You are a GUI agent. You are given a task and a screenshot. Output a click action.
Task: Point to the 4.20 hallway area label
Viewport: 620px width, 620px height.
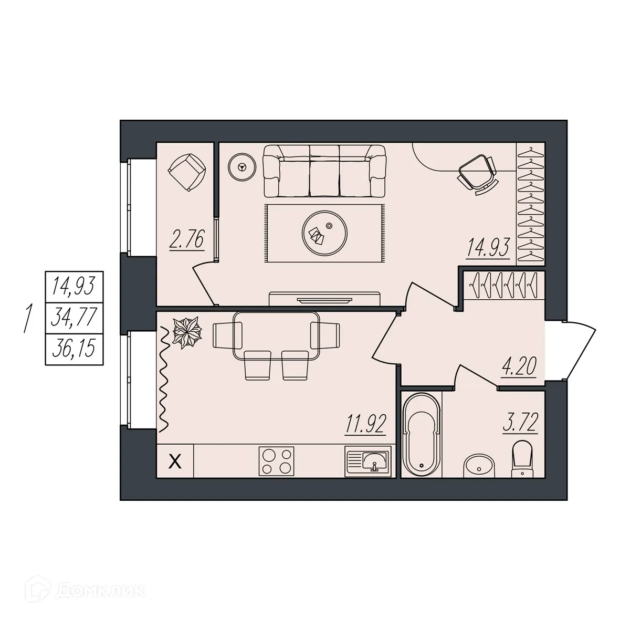tap(519, 366)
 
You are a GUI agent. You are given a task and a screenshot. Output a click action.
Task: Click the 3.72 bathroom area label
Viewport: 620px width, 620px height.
tap(520, 423)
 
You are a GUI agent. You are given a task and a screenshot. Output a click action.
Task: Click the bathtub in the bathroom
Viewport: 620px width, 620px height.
tap(421, 434)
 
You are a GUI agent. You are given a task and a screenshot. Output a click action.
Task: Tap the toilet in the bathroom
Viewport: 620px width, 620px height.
tap(521, 459)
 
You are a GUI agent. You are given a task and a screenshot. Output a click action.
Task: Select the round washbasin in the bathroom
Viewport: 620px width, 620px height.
tap(479, 465)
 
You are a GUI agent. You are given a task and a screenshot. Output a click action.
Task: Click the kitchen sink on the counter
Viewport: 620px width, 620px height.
tap(367, 461)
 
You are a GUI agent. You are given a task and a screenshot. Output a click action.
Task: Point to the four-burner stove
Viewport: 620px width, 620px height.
tap(276, 461)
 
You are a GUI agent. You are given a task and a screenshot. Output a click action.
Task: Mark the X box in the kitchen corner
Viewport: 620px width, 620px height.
tap(176, 461)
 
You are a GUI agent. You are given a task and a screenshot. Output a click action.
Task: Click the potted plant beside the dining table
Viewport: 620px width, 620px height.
tap(187, 332)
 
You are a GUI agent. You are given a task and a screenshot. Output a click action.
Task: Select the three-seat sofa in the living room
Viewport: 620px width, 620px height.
tap(324, 170)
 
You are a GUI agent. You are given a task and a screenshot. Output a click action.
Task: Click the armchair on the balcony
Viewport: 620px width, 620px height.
tap(186, 171)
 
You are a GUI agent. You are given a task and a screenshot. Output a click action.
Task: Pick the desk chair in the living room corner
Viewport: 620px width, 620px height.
tap(477, 172)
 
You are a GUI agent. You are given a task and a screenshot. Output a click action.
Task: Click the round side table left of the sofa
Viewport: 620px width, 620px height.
tap(241, 167)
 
